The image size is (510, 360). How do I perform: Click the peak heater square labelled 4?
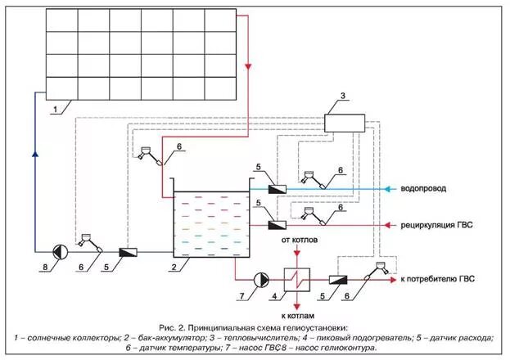[296, 278]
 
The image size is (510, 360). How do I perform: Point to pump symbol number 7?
[259, 278]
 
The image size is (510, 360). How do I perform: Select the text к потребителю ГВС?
[438, 279]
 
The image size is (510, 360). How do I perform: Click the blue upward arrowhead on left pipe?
[34, 152]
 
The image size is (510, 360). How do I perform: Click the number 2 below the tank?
[174, 268]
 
